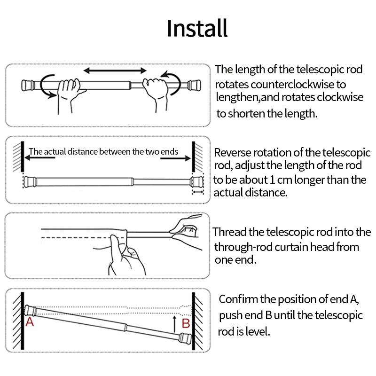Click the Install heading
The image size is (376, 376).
[197, 28]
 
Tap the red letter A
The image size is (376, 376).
[30, 322]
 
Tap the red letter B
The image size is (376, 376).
[186, 323]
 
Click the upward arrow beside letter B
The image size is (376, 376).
[174, 324]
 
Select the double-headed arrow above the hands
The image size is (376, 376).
[115, 70]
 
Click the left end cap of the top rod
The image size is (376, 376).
[28, 86]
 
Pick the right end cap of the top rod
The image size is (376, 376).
[194, 86]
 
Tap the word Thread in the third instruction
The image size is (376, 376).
[229, 232]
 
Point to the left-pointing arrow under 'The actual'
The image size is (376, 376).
[40, 158]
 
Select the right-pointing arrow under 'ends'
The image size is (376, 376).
[175, 158]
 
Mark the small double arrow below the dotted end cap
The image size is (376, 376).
[198, 192]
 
